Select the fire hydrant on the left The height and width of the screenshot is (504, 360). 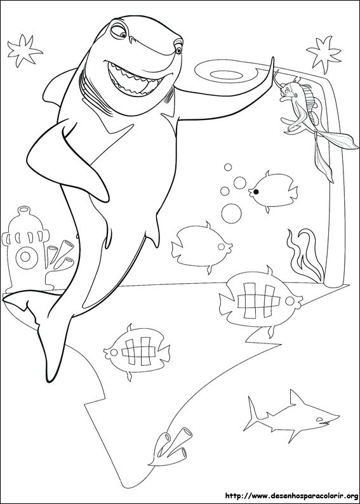[x=24, y=248]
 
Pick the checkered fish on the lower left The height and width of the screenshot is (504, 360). [x=137, y=350]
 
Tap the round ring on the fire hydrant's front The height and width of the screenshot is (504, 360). [x=26, y=256]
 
